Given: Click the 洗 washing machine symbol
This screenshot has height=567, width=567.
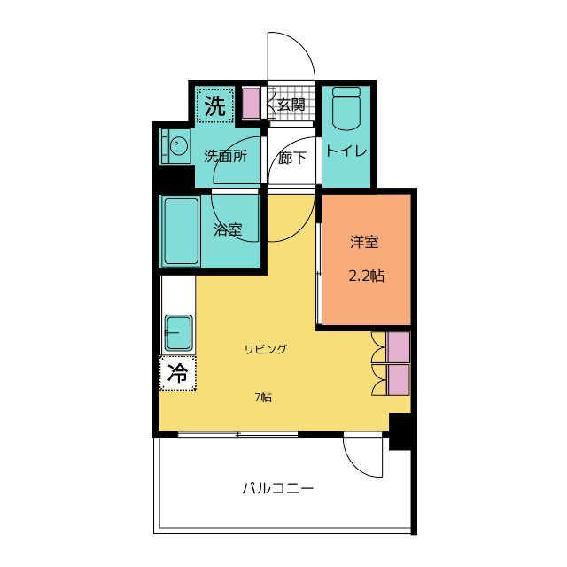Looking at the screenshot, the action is coord(214,105).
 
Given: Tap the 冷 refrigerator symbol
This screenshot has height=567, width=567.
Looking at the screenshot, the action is coord(177,373).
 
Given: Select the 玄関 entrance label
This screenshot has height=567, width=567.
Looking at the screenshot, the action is coord(291,105).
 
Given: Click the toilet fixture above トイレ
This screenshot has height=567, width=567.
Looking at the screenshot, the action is coord(346,108).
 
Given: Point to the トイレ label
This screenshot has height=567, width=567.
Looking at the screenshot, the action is coord(346,151).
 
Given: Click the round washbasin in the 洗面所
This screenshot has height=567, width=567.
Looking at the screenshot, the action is coord(177,147).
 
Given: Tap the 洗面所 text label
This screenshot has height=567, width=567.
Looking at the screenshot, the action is coord(226,156).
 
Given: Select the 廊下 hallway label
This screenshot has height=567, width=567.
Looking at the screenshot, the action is coord(291,158).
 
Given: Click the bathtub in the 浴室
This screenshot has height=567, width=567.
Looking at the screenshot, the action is coord(181,231).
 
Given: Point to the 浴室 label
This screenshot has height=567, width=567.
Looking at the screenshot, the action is coord(228,229).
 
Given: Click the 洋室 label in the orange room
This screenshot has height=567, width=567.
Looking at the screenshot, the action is coord(364,242).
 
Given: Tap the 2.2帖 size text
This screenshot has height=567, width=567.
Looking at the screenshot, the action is coord(366,276).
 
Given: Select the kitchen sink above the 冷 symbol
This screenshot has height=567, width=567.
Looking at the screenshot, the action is coord(179,333).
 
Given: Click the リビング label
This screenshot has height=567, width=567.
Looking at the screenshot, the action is coord(266,349).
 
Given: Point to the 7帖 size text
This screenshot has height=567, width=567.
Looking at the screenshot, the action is coord(264,398).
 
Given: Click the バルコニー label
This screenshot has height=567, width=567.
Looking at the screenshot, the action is coord(277,488).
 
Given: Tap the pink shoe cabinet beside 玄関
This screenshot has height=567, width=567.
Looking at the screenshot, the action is coord(251,104).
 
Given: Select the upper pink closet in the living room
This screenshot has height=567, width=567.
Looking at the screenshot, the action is coord(398,347).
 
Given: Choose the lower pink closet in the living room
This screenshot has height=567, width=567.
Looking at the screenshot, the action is coord(398,380).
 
